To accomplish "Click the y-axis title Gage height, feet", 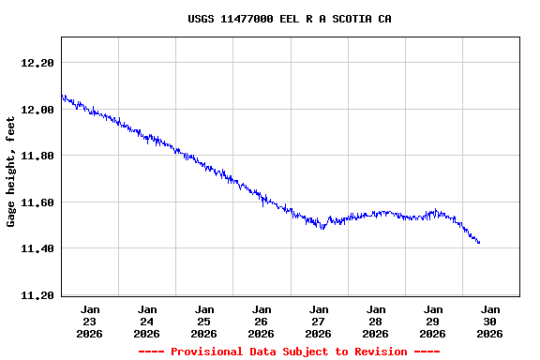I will [x=11, y=172].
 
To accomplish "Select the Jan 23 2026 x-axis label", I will [x=90, y=321].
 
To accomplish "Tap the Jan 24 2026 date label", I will [x=147, y=321].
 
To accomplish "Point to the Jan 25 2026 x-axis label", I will [x=204, y=321].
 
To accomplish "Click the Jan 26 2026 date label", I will [x=262, y=321].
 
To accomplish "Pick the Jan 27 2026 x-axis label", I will [x=319, y=321].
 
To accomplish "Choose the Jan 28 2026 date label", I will [x=376, y=321].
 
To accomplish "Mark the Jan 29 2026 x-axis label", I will [x=433, y=321].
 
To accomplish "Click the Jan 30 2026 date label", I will [x=490, y=321].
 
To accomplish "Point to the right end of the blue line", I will [x=479, y=243].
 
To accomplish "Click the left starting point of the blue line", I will [x=62, y=96].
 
